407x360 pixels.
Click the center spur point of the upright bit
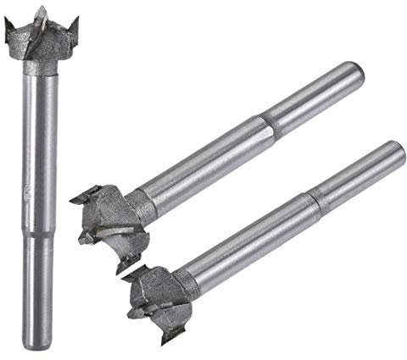click(38, 11)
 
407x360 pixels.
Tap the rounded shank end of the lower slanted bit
click(395, 152)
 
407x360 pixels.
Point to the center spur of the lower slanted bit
click(133, 315)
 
